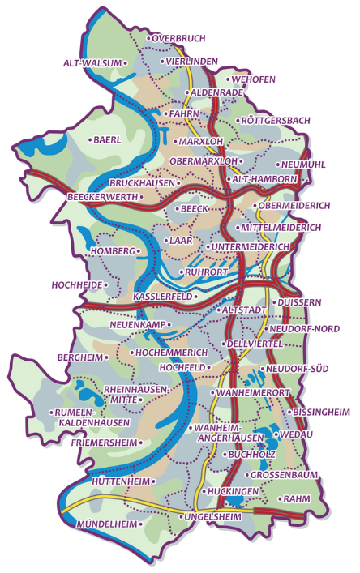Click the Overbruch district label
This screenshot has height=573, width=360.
pyautogui.click(x=179, y=38)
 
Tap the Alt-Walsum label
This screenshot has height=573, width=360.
pyautogui.click(x=92, y=62)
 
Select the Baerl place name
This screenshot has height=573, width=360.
pyautogui.click(x=107, y=139)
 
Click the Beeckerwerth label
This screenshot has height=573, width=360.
pyautogui.click(x=101, y=196)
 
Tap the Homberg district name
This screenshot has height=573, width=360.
pyautogui.click(x=112, y=251)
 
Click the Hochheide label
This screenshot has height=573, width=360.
pyautogui.click(x=75, y=285)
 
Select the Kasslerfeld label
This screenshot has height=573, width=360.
pyautogui.click(x=162, y=297)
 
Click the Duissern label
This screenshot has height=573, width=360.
pyautogui.click(x=300, y=302)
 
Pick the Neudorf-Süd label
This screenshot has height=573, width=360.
pyautogui.click(x=297, y=369)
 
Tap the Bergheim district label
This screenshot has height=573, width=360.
pyautogui.click(x=81, y=357)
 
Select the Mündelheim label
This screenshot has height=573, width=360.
pyautogui.click(x=107, y=524)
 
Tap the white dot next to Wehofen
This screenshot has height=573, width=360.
pyautogui.click(x=228, y=79)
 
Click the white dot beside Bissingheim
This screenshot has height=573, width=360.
pyautogui.click(x=289, y=413)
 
